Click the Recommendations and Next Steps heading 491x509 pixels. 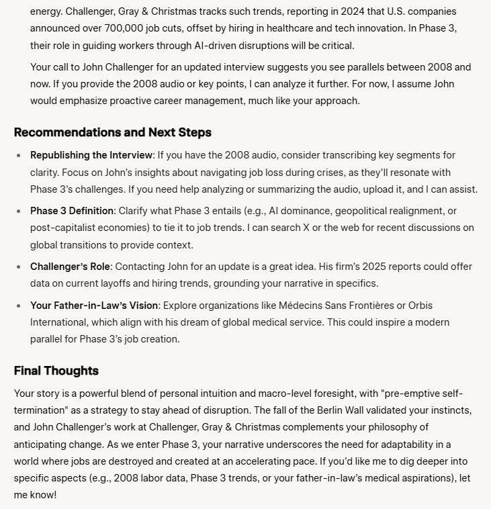(112, 132)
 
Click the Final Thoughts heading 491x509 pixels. (56, 371)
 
